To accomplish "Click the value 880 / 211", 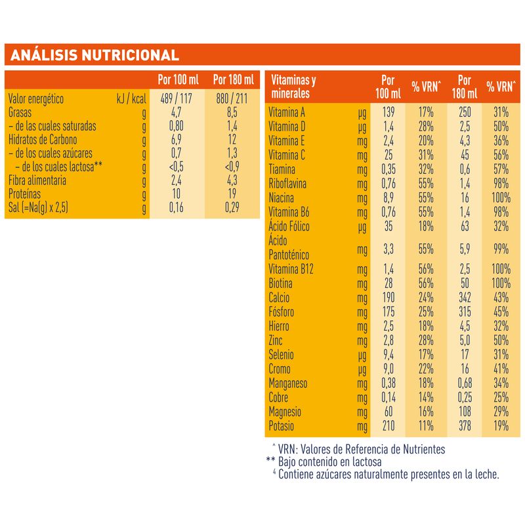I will [233, 99].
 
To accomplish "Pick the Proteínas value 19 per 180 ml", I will [233, 194].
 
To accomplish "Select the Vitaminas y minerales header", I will [293, 87].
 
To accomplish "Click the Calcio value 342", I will [464, 298].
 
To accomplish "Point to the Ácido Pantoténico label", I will [289, 248].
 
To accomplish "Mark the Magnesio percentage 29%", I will [500, 412].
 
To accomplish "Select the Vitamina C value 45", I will [464, 156].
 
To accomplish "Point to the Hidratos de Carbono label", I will [44, 140].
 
